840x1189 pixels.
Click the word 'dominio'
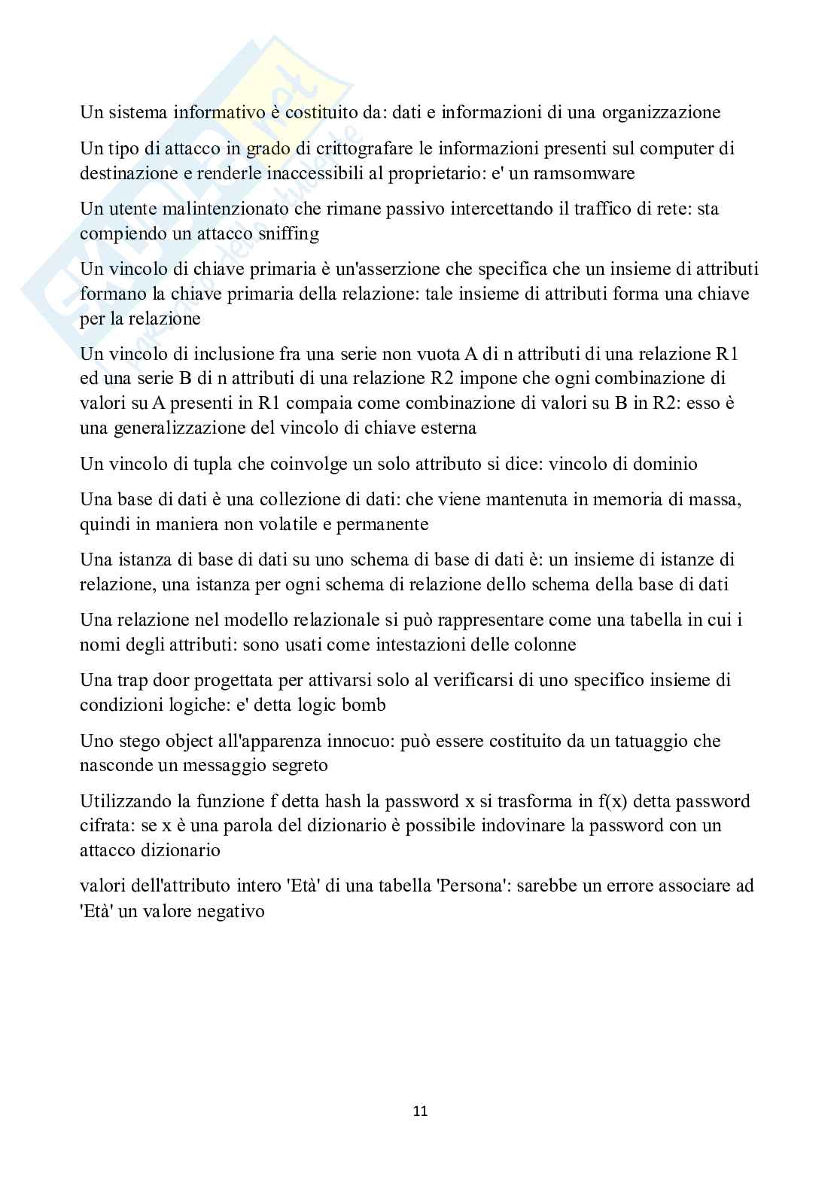coord(665,464)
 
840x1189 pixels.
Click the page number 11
coord(420,1111)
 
